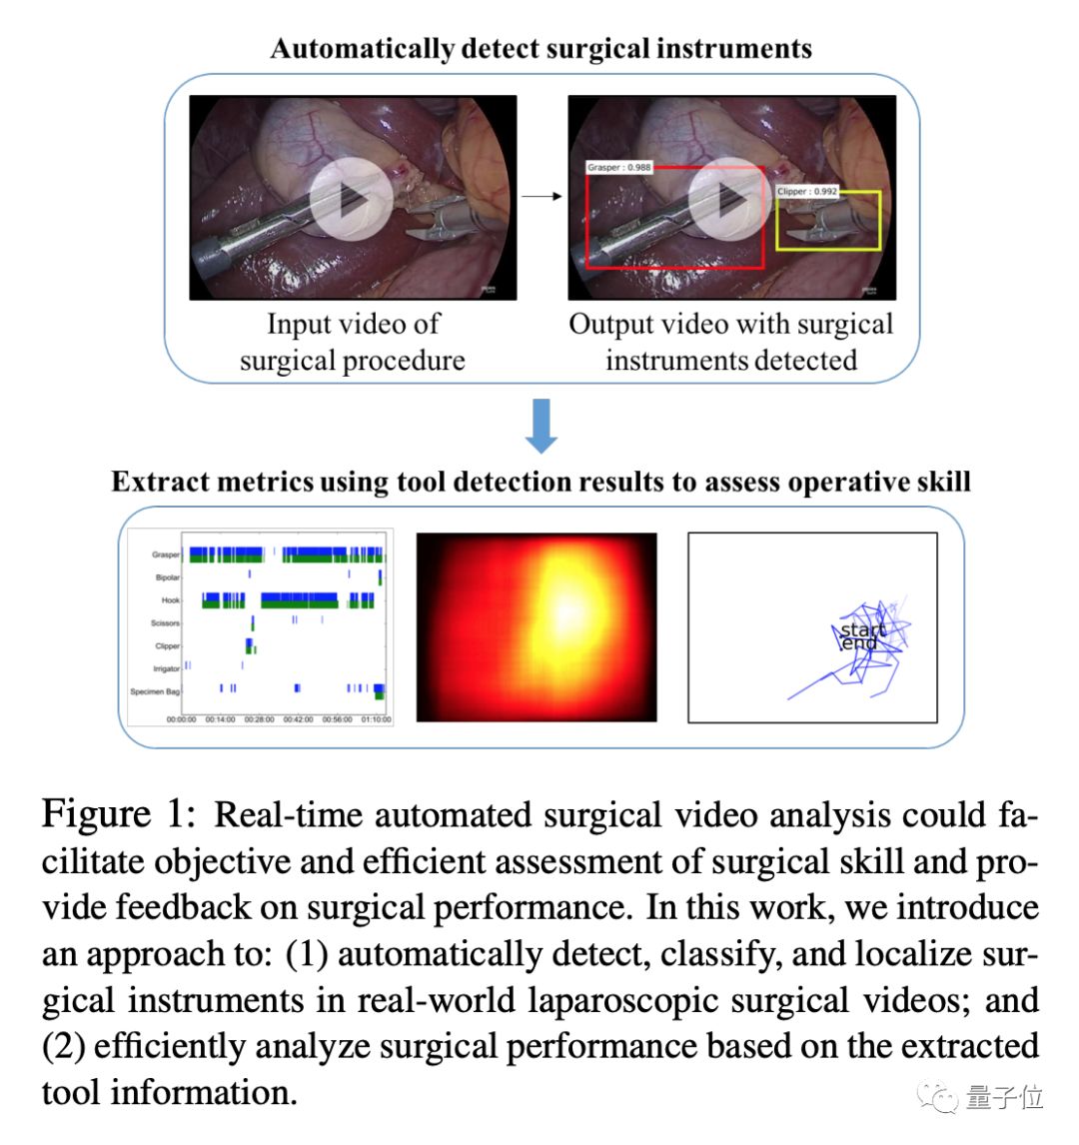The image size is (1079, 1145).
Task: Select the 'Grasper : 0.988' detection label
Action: (619, 167)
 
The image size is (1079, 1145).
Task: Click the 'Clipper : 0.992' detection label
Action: (807, 191)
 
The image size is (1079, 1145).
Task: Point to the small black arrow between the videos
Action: (542, 197)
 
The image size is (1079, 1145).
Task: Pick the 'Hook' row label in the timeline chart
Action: (171, 600)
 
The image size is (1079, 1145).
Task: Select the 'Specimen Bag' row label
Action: (155, 691)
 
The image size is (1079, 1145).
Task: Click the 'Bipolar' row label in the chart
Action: (168, 577)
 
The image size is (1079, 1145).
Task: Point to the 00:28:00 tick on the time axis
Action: (258, 719)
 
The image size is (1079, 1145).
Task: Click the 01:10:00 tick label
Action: (377, 719)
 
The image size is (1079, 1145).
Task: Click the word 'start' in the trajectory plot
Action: (863, 630)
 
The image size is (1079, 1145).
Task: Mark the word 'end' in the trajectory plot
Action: (859, 643)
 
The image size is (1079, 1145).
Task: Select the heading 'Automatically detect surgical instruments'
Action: (540, 48)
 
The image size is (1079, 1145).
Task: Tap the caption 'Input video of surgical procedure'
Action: (353, 342)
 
